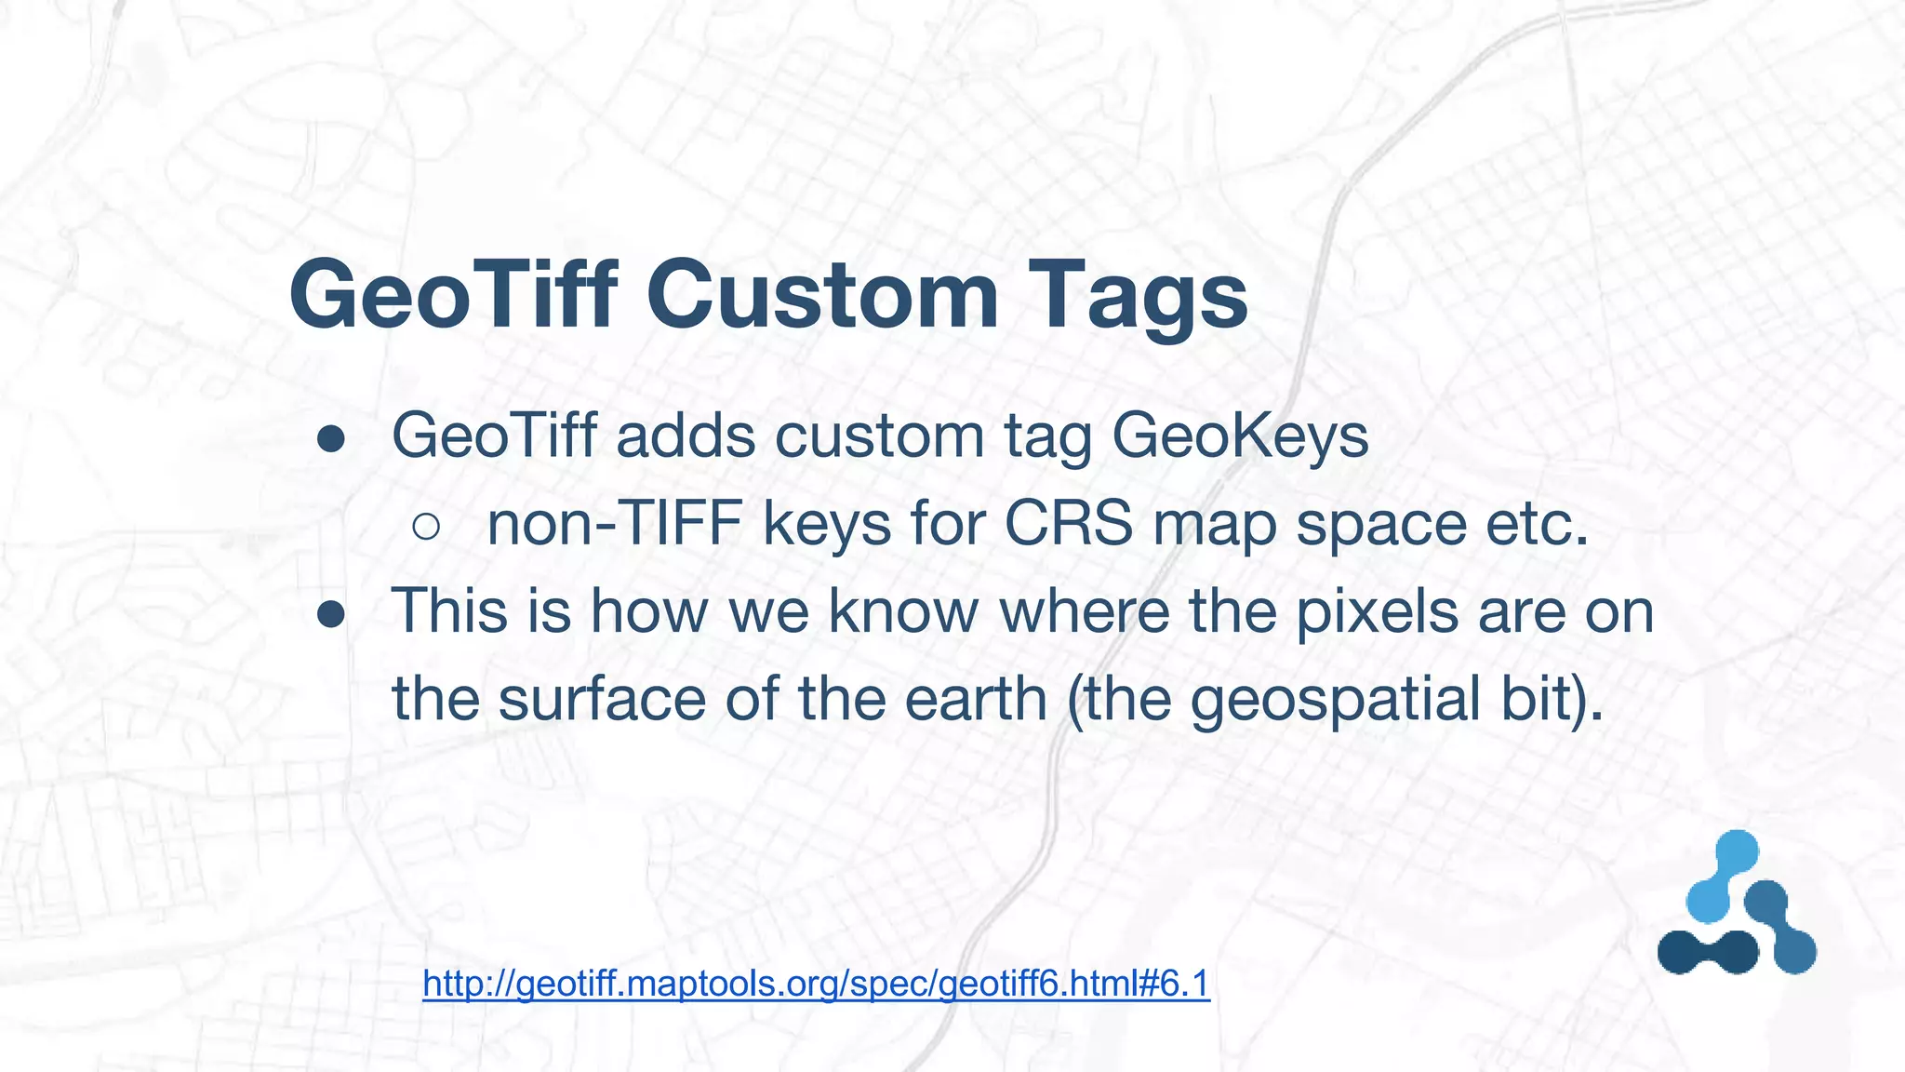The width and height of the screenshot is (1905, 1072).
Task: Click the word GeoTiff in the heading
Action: [454, 295]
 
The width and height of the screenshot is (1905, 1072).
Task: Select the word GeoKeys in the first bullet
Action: [1240, 437]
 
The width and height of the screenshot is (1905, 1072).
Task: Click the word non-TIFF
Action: [614, 524]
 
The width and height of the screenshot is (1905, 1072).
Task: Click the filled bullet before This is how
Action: [331, 614]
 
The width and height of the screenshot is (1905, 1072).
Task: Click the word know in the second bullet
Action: [903, 611]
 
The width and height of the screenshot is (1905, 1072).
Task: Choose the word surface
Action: [602, 700]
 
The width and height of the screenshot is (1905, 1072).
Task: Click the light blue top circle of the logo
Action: [1736, 851]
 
